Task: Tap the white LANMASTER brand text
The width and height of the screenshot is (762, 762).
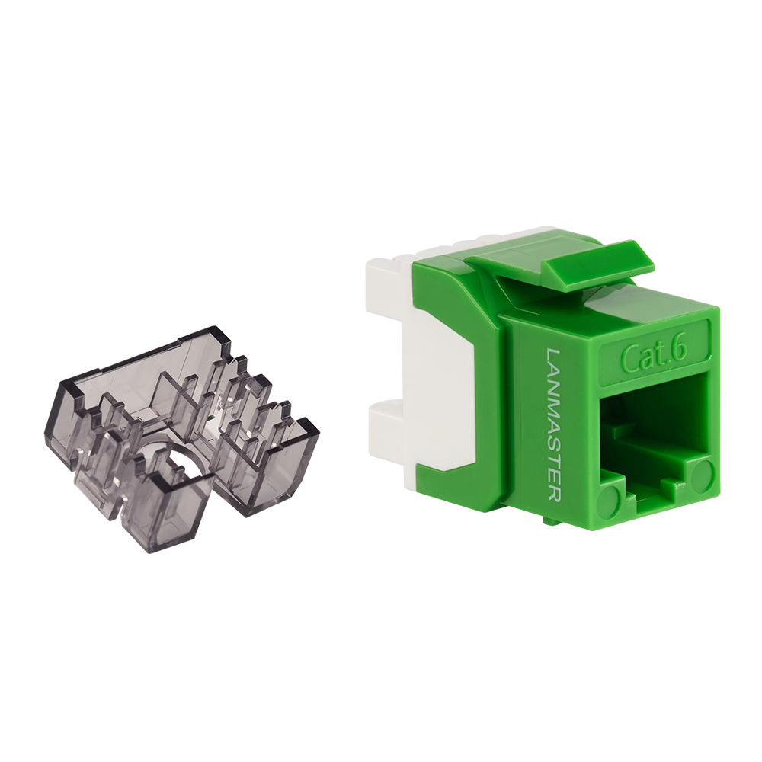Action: coord(555,425)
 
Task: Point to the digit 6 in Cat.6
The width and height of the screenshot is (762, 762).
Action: coord(680,353)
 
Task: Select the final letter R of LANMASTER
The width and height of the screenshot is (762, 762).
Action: coord(555,493)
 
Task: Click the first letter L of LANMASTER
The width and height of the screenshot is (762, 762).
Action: coord(555,355)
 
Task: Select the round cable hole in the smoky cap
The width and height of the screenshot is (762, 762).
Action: coord(180,461)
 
